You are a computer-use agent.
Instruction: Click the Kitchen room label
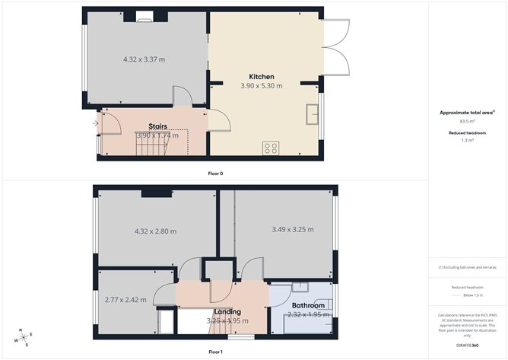tap(261, 76)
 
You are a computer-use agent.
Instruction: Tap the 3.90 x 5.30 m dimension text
tap(261, 86)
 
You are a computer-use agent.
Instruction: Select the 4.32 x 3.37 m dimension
tap(144, 59)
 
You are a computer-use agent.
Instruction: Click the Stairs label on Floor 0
tap(157, 126)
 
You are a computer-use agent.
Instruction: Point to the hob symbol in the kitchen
tap(271, 148)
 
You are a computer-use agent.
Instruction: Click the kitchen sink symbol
tap(312, 114)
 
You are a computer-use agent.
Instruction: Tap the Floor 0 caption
tap(215, 174)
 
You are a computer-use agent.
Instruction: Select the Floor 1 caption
tap(215, 352)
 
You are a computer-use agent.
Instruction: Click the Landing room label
tap(227, 311)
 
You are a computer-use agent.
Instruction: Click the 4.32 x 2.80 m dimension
tap(155, 231)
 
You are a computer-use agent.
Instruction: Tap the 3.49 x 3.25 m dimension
tap(293, 229)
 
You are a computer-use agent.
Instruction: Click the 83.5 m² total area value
tap(467, 121)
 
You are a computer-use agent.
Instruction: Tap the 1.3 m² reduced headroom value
tap(467, 140)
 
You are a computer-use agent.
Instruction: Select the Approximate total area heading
tap(467, 113)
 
